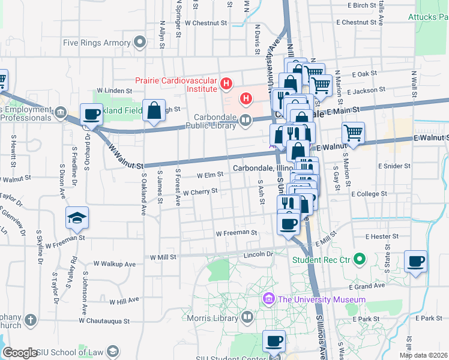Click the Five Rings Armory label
coord(97,43)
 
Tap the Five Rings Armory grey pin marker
coord(140,43)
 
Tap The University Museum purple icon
coord(268,298)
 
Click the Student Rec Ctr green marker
coord(359,260)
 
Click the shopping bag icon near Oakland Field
coord(154,111)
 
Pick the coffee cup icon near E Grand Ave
coord(415,262)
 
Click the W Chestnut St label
coord(208,23)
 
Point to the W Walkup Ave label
coord(115,263)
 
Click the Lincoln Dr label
coord(258,254)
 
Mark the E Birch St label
coord(361,5)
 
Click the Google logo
coord(20,353)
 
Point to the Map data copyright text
coord(423,355)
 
